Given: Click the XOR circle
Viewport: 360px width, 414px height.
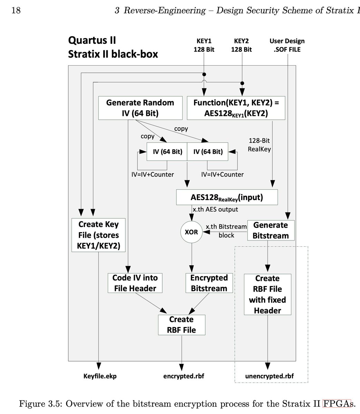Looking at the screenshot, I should point(191,232).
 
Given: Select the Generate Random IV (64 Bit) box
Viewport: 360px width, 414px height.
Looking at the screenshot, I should point(140,108).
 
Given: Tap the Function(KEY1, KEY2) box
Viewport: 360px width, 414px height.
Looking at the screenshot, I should point(236,108).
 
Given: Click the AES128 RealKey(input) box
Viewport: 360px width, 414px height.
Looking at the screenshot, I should point(227,197).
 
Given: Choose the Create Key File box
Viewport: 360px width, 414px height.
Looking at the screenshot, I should point(98,235).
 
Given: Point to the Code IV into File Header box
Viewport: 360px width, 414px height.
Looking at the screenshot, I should point(135,283).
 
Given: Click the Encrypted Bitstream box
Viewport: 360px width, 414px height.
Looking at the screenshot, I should point(209,283).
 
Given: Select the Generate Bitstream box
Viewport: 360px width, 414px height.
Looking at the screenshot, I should point(271,230).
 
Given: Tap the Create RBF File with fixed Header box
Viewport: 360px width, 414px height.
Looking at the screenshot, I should point(267,294).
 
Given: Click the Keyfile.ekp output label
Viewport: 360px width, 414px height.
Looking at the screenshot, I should point(100,376).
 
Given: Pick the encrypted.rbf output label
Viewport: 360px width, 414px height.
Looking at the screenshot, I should point(184,376).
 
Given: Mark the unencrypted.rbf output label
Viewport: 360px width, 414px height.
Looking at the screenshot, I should point(270,376).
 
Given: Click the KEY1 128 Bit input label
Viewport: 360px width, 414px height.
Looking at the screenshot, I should point(204,45).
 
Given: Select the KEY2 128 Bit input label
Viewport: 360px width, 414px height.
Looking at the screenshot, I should point(241,45).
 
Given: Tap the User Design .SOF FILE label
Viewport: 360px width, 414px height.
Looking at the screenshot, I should point(287,45).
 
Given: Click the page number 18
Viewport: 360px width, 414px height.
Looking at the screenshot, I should point(16,11).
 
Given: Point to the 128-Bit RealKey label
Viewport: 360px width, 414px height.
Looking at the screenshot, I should point(259,145).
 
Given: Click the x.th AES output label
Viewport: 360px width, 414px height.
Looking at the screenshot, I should point(215,209).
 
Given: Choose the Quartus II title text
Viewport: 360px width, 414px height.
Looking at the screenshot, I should point(92,40).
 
